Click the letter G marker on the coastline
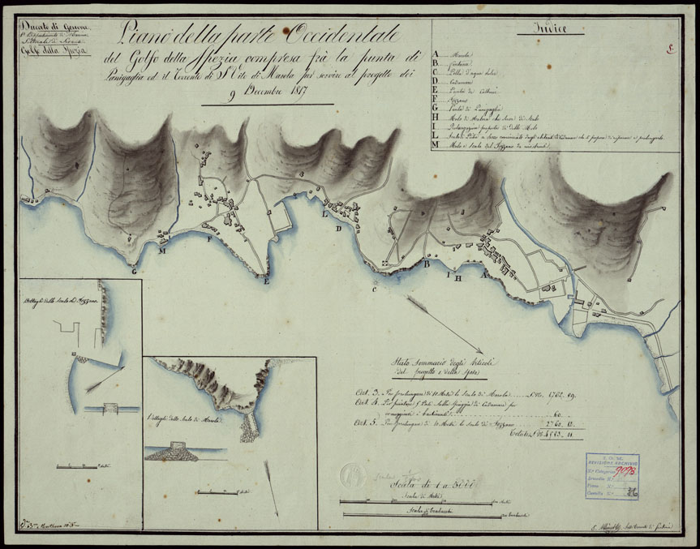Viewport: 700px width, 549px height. (x=133, y=271)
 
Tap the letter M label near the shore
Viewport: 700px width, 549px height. (x=162, y=251)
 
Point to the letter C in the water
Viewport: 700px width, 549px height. (x=374, y=289)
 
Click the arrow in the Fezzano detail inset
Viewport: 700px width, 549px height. (x=101, y=380)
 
